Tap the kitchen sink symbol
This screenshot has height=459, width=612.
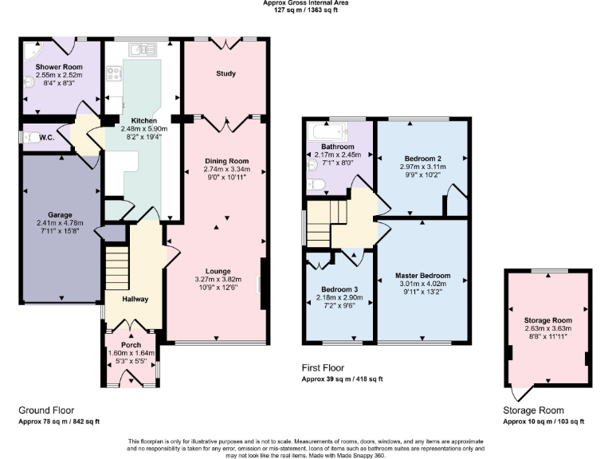pyautogui.click(x=142, y=49)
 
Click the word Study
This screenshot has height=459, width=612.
pyautogui.click(x=226, y=74)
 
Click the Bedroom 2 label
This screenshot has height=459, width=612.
pyautogui.click(x=423, y=159)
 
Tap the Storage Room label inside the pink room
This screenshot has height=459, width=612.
pyautogui.click(x=547, y=320)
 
